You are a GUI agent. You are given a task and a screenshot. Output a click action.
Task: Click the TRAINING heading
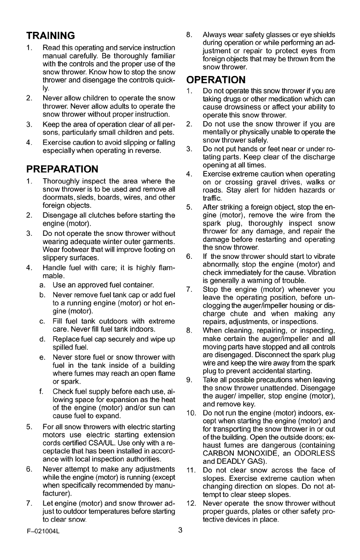point(50,35)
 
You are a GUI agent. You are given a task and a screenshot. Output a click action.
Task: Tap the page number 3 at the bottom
point(180,543)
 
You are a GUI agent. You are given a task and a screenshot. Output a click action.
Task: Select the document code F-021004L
point(45,543)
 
